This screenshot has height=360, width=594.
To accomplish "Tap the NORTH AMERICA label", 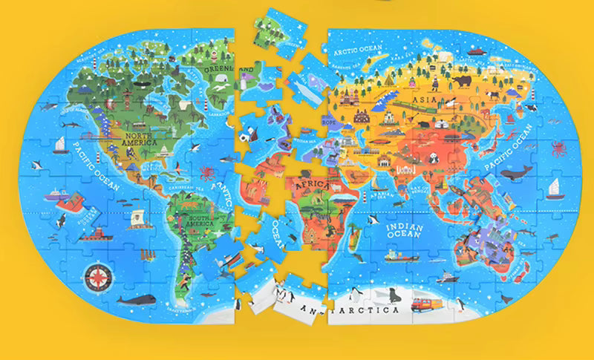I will pos(142,142).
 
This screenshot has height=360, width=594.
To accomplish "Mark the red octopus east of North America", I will pos(206,173).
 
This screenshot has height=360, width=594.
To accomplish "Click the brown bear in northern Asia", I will pos(461,81).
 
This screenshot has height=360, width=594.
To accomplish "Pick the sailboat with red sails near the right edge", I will pos(552,191).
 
